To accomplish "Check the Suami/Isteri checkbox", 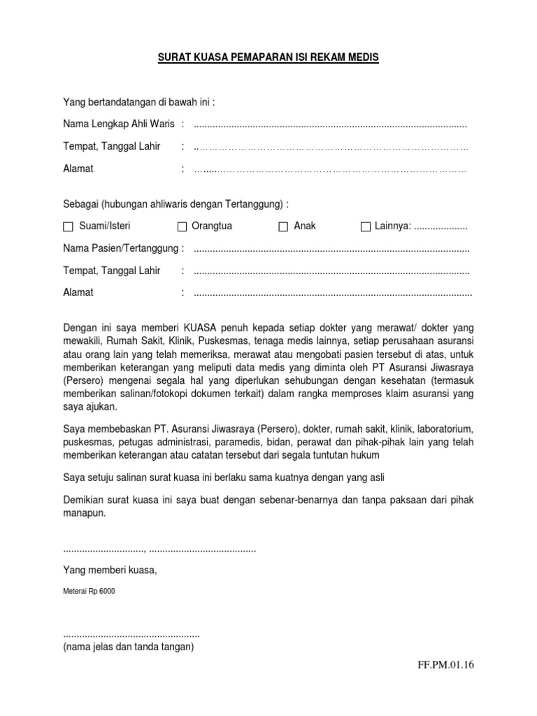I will [68, 227].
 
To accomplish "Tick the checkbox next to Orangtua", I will [182, 227].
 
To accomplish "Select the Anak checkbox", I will [283, 227].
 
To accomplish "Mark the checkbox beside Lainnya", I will [365, 227].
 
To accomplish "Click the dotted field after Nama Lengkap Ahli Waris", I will [330, 125].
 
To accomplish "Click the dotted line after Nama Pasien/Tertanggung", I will [331, 249].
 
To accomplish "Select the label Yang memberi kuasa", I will [110, 570].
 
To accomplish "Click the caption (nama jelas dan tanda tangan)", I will [128, 647].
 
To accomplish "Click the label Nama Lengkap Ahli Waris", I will [118, 124].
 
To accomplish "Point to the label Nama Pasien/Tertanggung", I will [123, 248].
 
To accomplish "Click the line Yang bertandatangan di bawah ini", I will [138, 102].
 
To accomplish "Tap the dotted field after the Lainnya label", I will [441, 227].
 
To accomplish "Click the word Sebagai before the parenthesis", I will [80, 203].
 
